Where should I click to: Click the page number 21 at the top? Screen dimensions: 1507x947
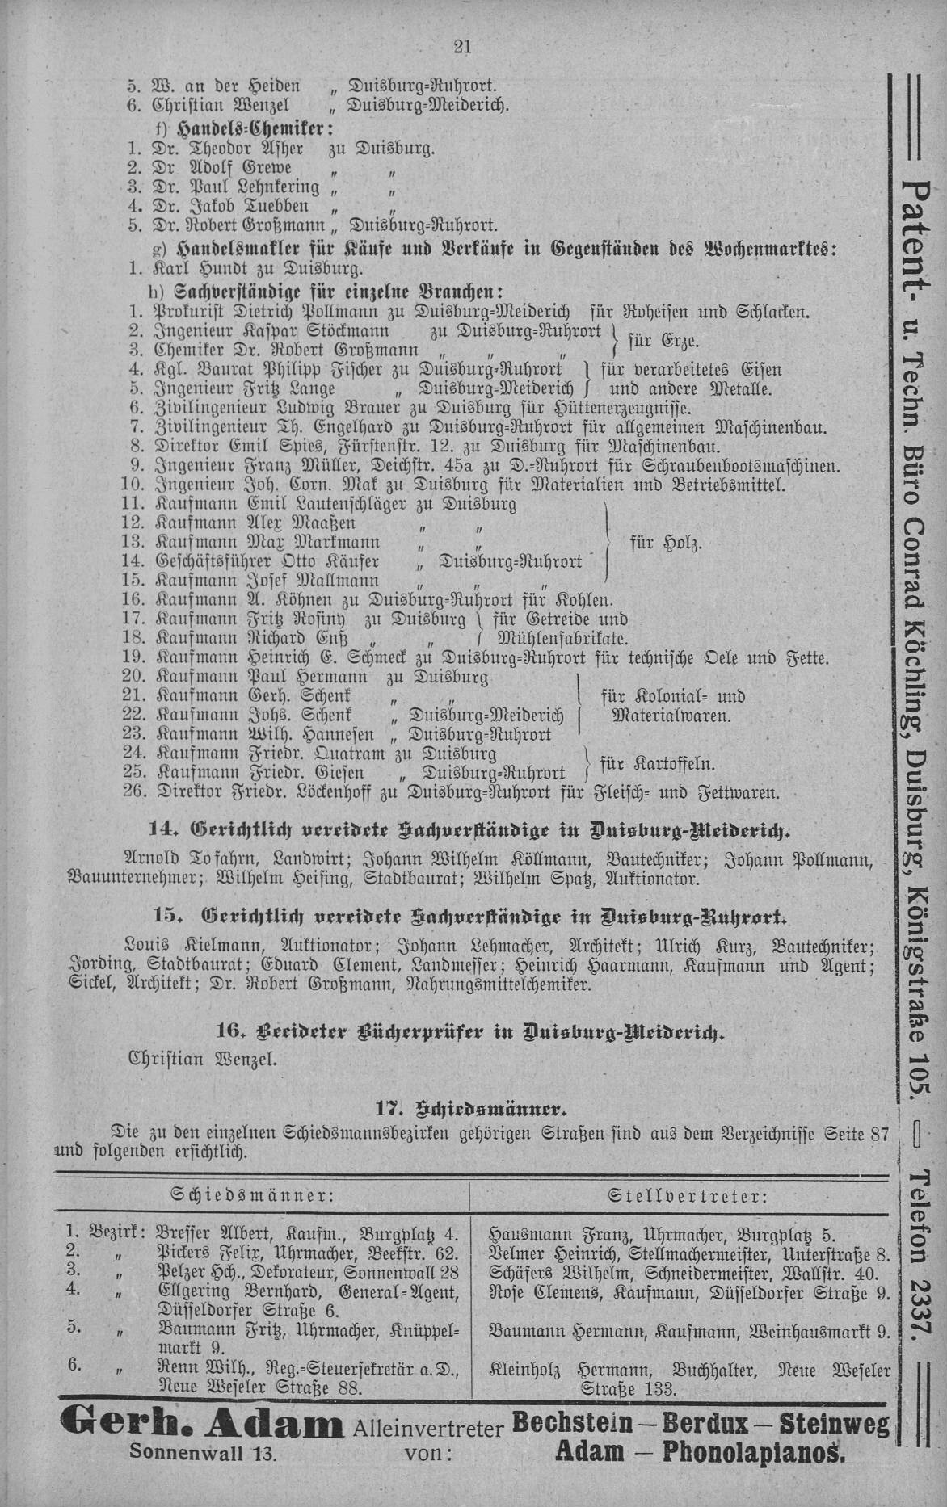click(462, 47)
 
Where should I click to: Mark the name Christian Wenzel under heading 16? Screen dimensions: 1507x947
click(204, 1058)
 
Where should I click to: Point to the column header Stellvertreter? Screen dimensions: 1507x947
click(687, 1195)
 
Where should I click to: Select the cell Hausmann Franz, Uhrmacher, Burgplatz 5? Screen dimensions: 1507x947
click(663, 1235)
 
